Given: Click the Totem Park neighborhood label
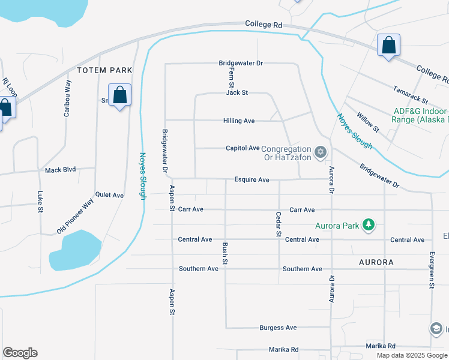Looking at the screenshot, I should (104, 70).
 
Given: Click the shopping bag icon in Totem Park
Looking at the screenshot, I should (119, 95).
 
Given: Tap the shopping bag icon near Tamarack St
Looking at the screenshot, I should (388, 44).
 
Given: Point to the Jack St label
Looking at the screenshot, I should (237, 93).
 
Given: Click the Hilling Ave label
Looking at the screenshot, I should (240, 121).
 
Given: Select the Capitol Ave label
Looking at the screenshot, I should (243, 148).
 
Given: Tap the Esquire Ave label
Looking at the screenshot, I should (252, 179).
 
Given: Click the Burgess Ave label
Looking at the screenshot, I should (278, 328).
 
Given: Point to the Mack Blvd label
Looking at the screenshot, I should (61, 170).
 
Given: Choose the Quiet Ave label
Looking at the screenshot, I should (109, 195).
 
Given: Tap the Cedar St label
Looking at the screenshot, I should (279, 224).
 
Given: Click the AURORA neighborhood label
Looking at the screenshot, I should (376, 262).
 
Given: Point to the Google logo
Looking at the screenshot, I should (20, 353).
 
